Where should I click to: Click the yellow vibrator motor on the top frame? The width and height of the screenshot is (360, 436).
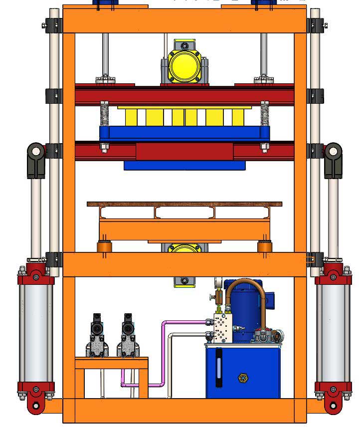pos(184,64)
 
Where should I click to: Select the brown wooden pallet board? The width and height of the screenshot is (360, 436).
pos(184,204)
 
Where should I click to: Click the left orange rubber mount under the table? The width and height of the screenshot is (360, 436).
pos(104,247)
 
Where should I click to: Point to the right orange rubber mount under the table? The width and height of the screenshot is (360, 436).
pos(264,247)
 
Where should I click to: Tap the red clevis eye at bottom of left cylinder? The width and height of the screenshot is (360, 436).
pos(35,404)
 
